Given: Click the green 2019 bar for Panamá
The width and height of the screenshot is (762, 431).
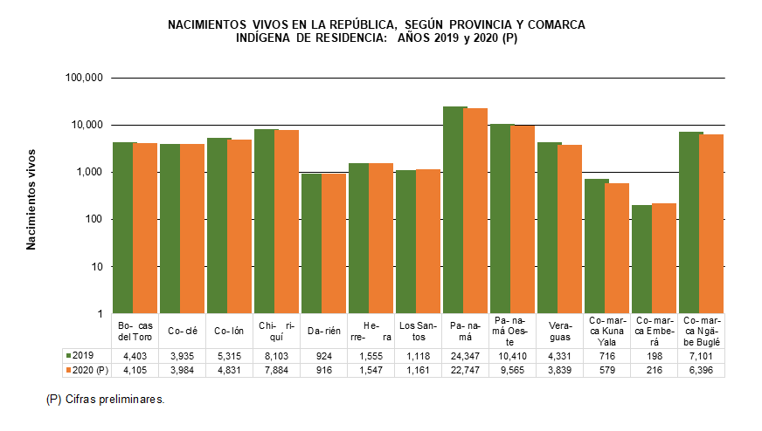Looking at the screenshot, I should [x=454, y=209].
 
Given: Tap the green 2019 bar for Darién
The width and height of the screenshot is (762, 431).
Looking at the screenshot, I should [x=313, y=243].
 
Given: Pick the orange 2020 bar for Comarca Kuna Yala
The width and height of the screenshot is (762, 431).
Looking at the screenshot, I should [x=616, y=249].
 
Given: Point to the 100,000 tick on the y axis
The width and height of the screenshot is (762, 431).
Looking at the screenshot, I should [x=85, y=79].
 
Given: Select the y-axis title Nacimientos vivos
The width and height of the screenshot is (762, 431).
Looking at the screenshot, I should [x=31, y=200].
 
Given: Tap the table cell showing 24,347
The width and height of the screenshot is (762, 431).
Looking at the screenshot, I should [x=466, y=356].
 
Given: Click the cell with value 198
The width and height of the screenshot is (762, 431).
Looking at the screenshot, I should [x=654, y=356].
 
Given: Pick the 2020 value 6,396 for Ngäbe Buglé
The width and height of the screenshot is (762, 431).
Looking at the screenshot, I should [x=701, y=370].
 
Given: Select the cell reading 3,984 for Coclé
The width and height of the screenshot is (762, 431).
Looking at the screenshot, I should [x=183, y=370].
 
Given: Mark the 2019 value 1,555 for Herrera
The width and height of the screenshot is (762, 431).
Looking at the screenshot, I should [x=371, y=356].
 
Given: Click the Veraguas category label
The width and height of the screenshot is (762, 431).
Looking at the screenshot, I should [x=560, y=331].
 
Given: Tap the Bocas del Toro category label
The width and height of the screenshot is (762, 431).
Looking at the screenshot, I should [x=135, y=331].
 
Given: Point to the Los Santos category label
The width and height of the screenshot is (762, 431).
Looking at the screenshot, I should [x=419, y=331].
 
